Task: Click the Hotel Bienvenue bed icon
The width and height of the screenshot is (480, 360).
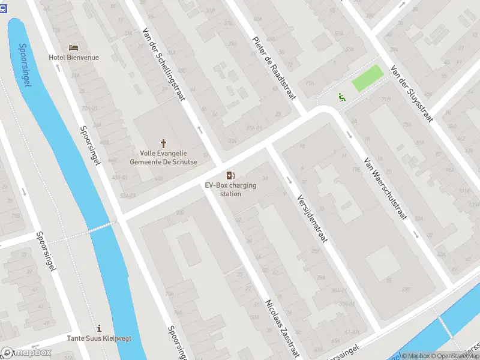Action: pyautogui.click(x=74, y=47)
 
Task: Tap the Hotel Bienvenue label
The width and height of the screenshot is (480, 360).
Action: pyautogui.click(x=74, y=58)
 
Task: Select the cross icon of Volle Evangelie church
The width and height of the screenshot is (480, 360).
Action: pyautogui.click(x=163, y=143)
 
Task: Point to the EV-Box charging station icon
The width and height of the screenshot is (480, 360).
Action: pyautogui.click(x=230, y=175)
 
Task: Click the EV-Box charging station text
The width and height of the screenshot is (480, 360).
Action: pyautogui.click(x=230, y=190)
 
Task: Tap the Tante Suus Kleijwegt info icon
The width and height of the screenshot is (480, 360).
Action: pyautogui.click(x=99, y=328)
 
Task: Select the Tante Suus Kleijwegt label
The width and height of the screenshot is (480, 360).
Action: pyautogui.click(x=99, y=338)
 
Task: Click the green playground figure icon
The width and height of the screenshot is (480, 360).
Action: pyautogui.click(x=341, y=97)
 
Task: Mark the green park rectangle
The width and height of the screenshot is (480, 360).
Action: pyautogui.click(x=367, y=79)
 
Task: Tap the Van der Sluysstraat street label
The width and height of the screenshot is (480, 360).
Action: pyautogui.click(x=412, y=93)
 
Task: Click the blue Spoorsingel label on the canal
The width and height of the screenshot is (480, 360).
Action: pyautogui.click(x=25, y=64)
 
